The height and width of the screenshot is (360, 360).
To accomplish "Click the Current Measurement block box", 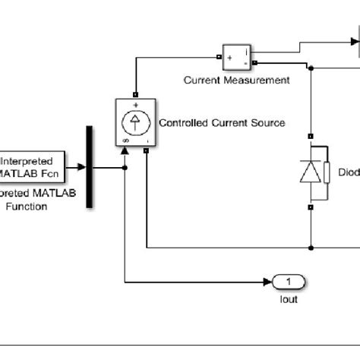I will click(236, 56).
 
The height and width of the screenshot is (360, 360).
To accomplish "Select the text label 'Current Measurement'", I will click(236, 80).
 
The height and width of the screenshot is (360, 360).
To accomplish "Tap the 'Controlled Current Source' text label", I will click(222, 123).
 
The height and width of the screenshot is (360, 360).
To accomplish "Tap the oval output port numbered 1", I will click(289, 283).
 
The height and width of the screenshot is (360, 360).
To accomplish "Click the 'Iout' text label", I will click(289, 299).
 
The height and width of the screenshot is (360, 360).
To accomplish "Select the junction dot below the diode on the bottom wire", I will click(311, 247).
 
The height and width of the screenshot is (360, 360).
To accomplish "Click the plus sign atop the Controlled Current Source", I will click(136, 105).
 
